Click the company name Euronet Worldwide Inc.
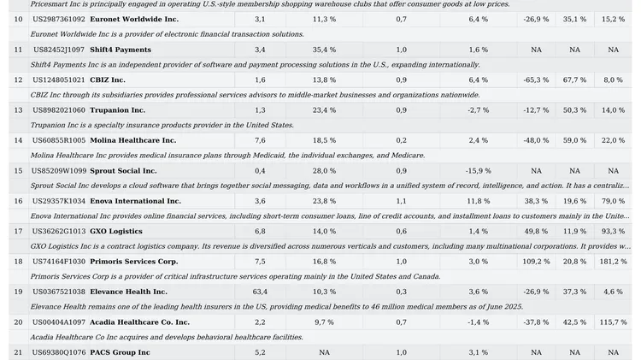[x=134, y=19]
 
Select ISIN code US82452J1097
[x=58, y=50]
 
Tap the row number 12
[x=18, y=80]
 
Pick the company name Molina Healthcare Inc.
[x=132, y=140]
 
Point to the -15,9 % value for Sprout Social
[x=478, y=171]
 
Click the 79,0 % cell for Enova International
[x=613, y=201]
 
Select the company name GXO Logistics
[x=115, y=231]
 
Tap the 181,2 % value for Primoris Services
[x=613, y=261]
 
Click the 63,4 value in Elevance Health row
[x=260, y=292]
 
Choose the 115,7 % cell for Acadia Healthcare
[x=613, y=322]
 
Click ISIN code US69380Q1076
[x=58, y=352]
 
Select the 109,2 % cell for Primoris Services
[x=536, y=261]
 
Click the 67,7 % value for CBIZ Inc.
[x=574, y=80]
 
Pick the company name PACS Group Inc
[x=120, y=352]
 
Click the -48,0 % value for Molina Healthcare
[x=536, y=140]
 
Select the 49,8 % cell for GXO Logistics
[x=536, y=231]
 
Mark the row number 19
[x=18, y=292]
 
